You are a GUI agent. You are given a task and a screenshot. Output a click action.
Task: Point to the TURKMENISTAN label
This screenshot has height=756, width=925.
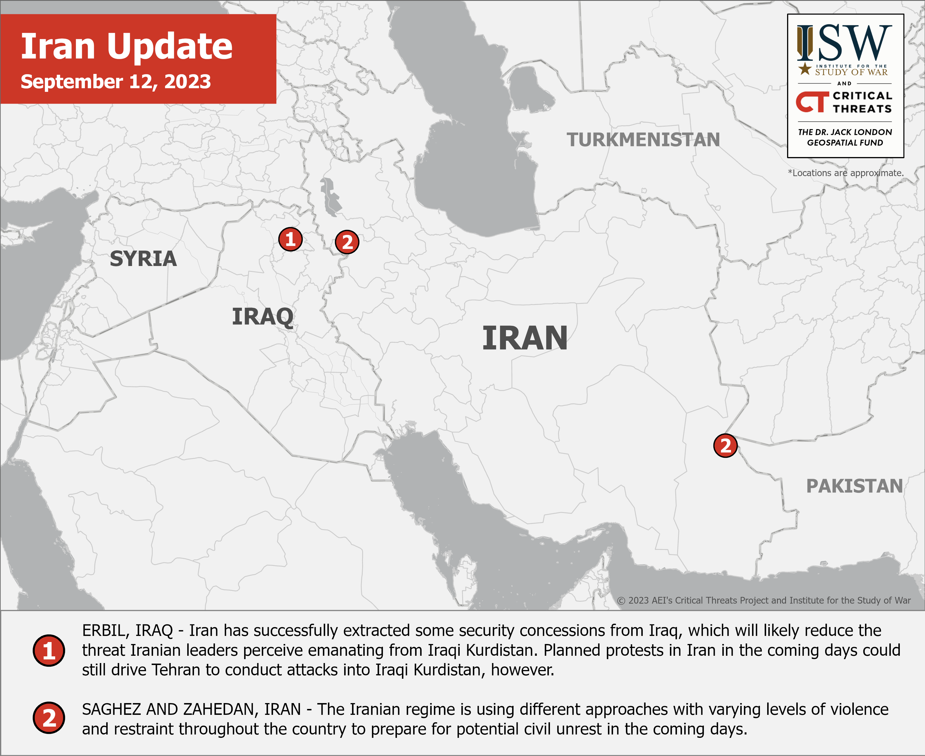(643, 140)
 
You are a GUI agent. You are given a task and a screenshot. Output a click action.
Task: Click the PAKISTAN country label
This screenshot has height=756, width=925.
(854, 486)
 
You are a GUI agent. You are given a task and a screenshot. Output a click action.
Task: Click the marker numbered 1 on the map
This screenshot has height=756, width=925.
(290, 239)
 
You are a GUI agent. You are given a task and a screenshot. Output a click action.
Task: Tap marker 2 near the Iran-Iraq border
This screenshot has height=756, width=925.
(347, 242)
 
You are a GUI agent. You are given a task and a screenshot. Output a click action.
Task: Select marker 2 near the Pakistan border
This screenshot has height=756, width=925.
(725, 445)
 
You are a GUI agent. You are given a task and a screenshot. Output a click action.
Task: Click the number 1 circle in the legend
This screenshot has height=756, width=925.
(49, 651)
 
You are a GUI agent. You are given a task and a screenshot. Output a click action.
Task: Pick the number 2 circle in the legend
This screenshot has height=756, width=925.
(49, 718)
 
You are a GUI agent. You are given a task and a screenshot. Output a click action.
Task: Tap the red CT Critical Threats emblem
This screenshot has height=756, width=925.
(812, 102)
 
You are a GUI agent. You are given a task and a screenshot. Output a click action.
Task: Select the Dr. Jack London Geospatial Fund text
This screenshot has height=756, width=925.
(845, 137)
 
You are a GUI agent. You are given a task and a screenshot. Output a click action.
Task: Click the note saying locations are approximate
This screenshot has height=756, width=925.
(846, 173)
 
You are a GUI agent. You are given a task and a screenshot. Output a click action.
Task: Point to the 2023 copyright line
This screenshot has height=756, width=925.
(764, 600)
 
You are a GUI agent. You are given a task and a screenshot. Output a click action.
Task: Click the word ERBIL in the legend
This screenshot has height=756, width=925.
(103, 630)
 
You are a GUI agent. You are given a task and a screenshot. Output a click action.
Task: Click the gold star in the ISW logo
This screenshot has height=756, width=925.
(805, 68)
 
